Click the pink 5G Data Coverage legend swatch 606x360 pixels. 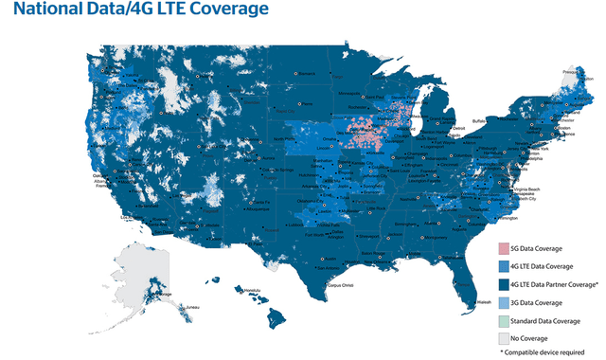coord(504,248)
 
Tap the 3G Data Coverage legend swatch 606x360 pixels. coord(504,301)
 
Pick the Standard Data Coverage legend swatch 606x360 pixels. coord(504,319)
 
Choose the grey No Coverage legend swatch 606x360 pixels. coord(504,336)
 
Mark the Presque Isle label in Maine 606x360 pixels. coord(571,70)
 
